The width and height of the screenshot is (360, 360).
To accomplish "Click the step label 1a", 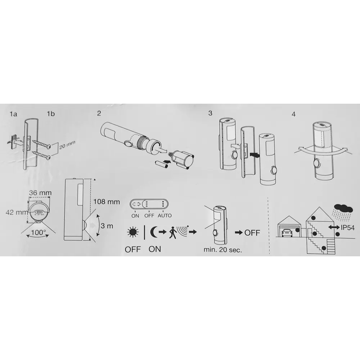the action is point(14,114).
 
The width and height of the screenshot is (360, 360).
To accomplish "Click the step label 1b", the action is point(51,114).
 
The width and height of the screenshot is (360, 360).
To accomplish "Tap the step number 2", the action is point(99,113).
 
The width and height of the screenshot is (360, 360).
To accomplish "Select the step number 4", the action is point(293,114).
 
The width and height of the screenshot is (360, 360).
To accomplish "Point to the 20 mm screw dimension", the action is point(67,145).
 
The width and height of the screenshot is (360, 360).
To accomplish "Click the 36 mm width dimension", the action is point(40,193).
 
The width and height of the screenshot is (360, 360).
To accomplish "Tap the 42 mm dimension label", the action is point(17,212).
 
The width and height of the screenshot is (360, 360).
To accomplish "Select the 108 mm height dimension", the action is point(107,202).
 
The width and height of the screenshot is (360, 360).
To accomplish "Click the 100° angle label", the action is point(39,232).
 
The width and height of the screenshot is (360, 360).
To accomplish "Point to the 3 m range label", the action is point(107,226).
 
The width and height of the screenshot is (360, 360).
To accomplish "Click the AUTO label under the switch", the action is point(165,216).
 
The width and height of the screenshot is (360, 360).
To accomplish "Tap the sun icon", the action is point(133,232).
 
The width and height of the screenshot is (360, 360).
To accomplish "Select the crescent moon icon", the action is point(153,232).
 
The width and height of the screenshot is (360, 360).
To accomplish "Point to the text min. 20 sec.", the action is point(223,250).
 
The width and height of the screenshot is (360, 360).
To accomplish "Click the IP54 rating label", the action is point(348,228).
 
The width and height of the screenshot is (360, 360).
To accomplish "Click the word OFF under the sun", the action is point(133,249).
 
